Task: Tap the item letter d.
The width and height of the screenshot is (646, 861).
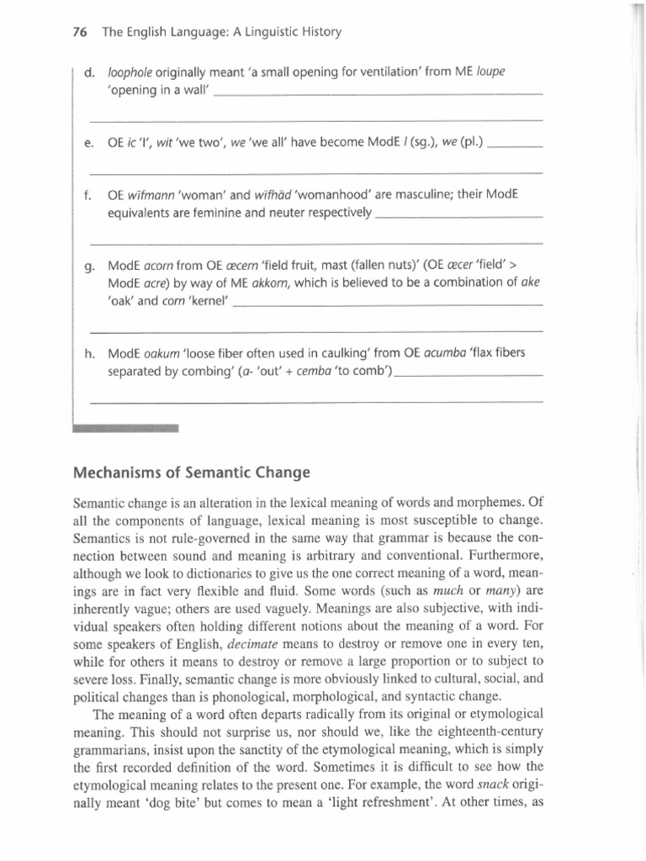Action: pos(89,73)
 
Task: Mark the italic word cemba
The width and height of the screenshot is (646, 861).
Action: pos(308,371)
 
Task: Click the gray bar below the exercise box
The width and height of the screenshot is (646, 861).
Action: pos(126,427)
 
